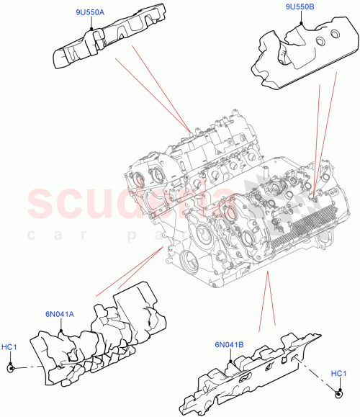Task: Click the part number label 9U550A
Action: pos(90,12)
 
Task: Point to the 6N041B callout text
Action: pos(229,344)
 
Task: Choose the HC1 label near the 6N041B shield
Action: pos(338,373)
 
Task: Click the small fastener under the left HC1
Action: pos(12,368)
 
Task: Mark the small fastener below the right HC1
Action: pos(339,393)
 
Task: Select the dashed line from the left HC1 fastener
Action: pos(25,367)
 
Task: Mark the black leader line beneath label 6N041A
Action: pos(61,324)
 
